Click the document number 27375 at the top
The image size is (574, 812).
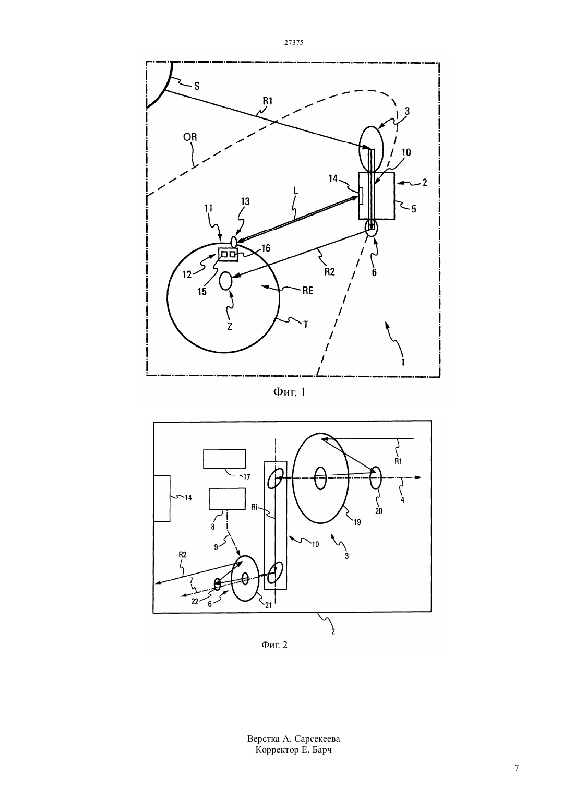tap(293, 42)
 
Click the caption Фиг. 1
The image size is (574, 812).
tap(289, 392)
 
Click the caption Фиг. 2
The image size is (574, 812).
tap(274, 645)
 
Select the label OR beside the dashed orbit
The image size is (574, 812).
tap(190, 137)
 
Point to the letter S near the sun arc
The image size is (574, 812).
tap(197, 86)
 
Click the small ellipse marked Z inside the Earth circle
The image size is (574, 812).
tap(225, 281)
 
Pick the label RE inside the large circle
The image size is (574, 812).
tap(308, 290)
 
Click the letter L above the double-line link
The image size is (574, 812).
tap(296, 191)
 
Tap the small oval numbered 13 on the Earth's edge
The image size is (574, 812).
tap(234, 241)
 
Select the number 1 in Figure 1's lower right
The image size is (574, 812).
tap(403, 362)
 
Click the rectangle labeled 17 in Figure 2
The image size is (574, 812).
tap(224, 459)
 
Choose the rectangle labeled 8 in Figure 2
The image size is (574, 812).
tap(227, 498)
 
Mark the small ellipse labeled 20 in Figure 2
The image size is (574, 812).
tap(375, 478)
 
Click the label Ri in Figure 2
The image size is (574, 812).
tap(254, 507)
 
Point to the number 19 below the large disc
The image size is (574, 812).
tap(357, 522)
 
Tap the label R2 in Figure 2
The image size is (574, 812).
tap(183, 555)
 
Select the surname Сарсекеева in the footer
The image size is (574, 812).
tap(317, 738)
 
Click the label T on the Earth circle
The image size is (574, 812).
tap(305, 325)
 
